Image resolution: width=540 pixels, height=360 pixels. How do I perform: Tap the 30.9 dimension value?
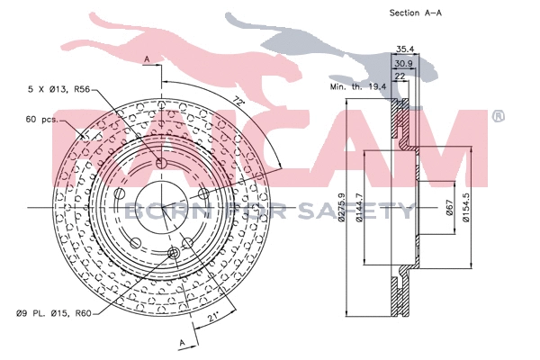tap(404, 64)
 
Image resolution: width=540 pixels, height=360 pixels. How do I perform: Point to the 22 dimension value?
tap(400, 77)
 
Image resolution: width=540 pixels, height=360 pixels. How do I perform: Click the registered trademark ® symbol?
tap(498, 116)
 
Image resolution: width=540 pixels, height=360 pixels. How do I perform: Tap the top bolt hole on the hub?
tap(161, 163)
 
